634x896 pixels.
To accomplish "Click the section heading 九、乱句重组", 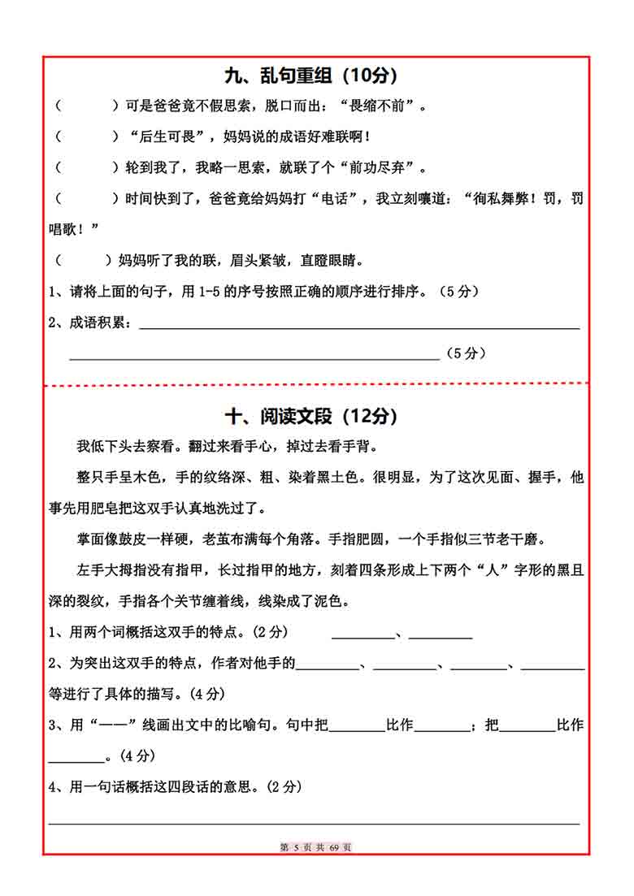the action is (310, 76).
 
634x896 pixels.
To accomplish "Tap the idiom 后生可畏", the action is (168, 136).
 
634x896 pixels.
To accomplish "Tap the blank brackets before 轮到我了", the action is (86, 168).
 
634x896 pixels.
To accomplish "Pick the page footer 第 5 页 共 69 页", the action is (316, 847).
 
